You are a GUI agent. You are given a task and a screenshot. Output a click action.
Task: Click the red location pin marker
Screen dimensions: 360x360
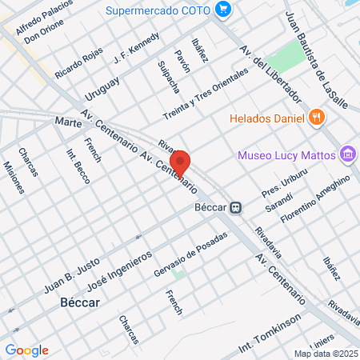[181, 163]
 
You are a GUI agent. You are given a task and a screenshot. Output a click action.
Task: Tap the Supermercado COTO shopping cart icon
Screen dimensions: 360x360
[223, 10]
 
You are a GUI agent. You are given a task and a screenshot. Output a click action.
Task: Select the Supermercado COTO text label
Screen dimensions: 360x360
[162, 10]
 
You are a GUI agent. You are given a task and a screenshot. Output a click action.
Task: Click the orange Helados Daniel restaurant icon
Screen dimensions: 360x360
[317, 117]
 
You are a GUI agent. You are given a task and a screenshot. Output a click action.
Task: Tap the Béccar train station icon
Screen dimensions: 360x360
[235, 207]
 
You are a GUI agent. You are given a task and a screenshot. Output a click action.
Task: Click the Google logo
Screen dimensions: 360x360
[26, 350]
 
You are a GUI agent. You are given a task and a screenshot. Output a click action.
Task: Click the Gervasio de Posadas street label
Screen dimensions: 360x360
[190, 254]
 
